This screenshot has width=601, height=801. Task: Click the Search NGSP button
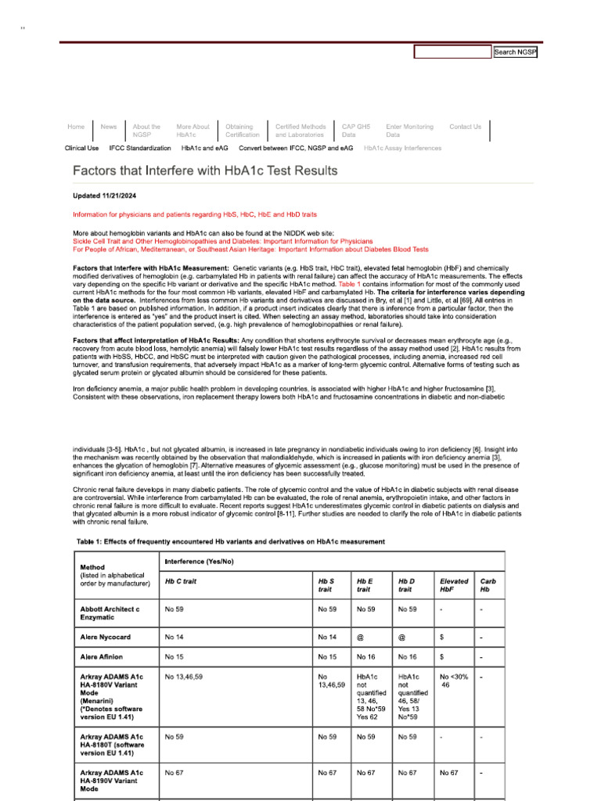516,52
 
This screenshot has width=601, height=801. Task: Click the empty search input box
452,52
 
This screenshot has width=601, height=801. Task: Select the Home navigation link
76,127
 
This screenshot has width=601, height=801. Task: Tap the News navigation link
109,127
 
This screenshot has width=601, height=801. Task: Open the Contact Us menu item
465,127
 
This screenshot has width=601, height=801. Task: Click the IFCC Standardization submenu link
140,148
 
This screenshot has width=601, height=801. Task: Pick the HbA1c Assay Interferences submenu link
402,148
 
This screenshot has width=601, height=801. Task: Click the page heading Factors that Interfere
205,171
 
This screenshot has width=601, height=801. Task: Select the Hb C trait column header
181,581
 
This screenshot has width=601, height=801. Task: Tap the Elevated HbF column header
454,585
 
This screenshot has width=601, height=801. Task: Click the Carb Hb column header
487,585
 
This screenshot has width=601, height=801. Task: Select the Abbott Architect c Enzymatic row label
110,612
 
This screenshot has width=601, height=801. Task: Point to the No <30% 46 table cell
454,681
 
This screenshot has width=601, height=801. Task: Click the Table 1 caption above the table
230,542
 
